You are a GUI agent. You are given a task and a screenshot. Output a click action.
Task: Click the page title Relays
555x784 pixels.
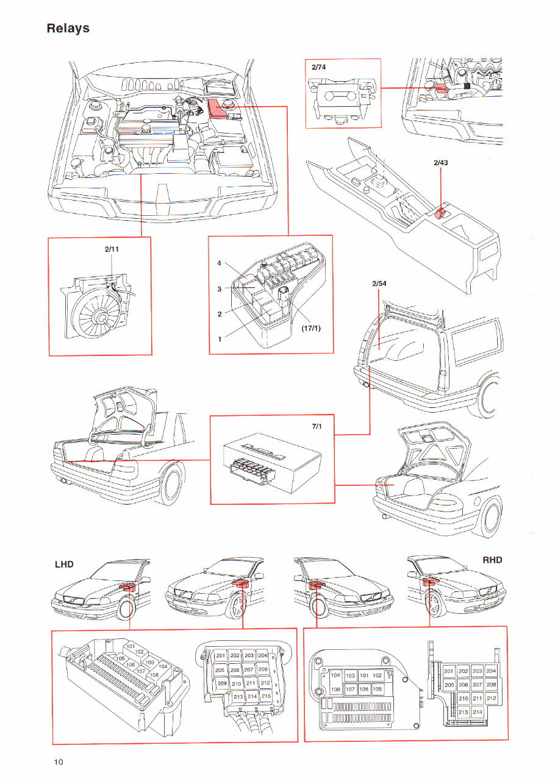point(68,29)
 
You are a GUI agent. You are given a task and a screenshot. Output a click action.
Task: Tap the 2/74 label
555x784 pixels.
point(319,67)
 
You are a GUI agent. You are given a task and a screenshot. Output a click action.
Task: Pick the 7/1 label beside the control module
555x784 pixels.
point(317,427)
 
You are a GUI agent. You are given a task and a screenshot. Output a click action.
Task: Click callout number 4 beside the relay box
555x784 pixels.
point(219,263)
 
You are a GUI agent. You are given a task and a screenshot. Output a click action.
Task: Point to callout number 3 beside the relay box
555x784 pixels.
point(219,289)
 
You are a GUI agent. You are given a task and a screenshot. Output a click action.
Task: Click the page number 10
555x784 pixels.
point(58,761)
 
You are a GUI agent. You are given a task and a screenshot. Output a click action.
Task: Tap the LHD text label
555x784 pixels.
point(64,564)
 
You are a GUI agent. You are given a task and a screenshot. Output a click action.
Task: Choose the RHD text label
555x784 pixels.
point(491,560)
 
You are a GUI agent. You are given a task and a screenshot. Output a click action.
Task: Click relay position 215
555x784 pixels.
point(265,696)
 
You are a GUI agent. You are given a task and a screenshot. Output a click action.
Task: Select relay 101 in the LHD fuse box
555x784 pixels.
point(130,646)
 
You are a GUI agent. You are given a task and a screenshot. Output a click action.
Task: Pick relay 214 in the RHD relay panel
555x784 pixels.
point(477,711)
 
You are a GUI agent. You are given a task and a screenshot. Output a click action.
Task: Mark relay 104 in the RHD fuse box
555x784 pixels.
point(335,675)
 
